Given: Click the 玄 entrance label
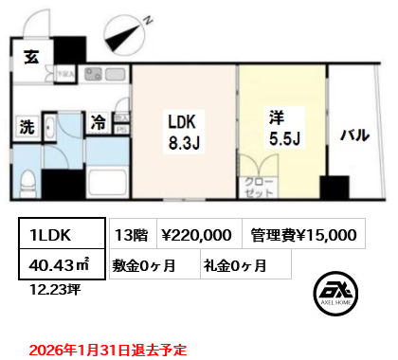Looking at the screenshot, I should [31, 55].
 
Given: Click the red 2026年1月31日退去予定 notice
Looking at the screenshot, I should [107, 349].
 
